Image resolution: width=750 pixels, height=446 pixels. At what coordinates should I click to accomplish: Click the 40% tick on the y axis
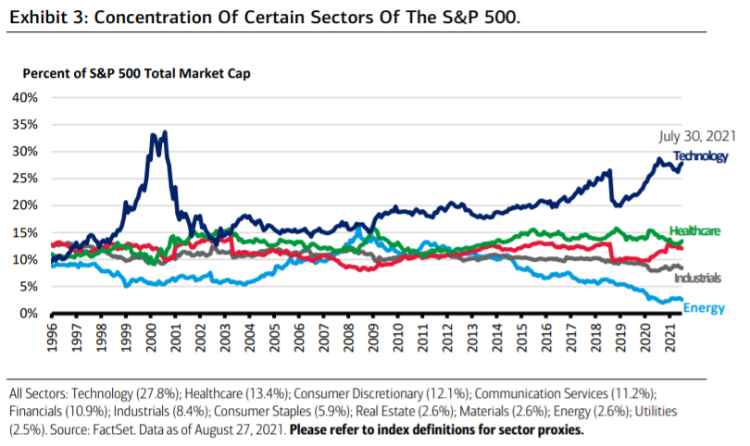(x=24, y=97)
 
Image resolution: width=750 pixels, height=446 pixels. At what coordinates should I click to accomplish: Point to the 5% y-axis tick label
(x=28, y=287)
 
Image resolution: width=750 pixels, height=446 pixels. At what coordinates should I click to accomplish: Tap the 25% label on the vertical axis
(x=24, y=179)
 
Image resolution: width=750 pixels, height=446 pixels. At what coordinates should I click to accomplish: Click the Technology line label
(x=700, y=156)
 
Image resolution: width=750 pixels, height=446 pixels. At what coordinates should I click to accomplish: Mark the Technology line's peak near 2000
(x=164, y=132)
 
